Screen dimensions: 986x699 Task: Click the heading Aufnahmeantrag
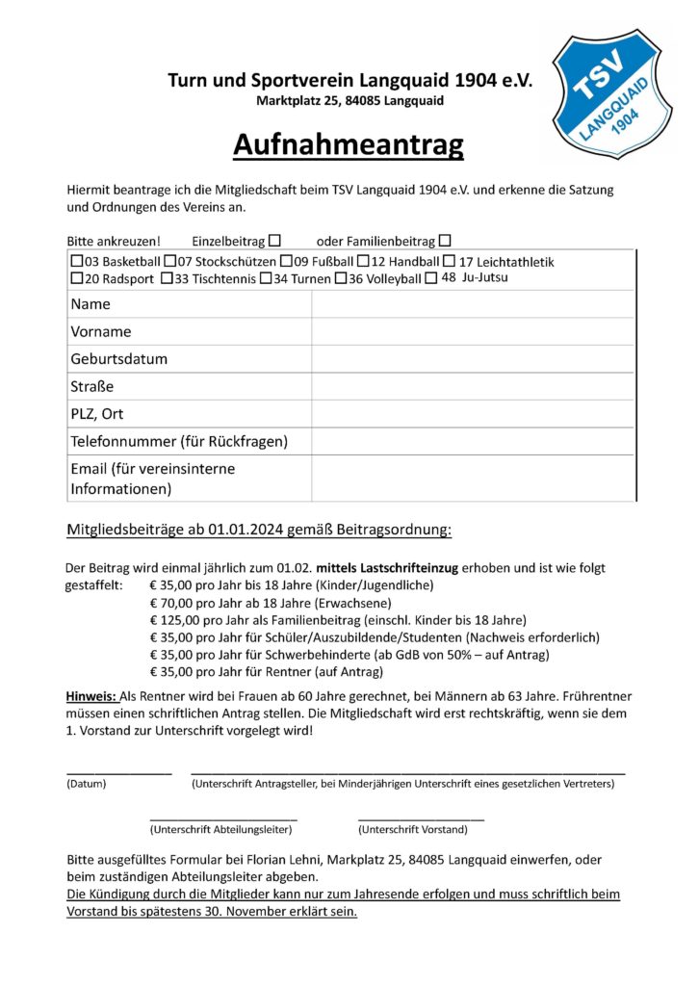348,144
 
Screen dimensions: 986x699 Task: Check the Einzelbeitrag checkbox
274,240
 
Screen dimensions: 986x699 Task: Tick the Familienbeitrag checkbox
444,240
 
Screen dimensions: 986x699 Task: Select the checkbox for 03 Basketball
77,262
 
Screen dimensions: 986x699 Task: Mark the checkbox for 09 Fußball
286,262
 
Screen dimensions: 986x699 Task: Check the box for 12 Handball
363,262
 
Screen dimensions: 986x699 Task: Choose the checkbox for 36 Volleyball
340,279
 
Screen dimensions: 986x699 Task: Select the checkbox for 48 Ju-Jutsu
432,278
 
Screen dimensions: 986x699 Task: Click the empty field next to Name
472,304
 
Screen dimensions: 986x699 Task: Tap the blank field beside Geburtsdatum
472,359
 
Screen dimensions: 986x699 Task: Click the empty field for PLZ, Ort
472,414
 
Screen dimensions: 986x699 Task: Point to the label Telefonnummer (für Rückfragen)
179,442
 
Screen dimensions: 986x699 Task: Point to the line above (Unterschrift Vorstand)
420,819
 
